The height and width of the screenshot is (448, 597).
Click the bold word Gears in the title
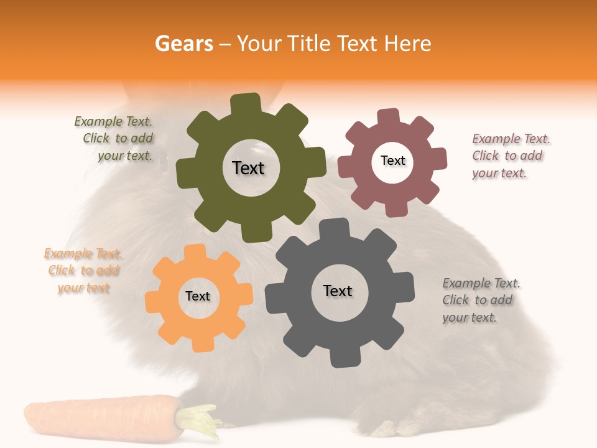pos(183,44)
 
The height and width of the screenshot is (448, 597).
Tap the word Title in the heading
pos(311,44)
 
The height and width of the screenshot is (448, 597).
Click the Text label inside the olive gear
pos(248,168)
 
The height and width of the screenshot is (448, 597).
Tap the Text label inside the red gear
pos(392,161)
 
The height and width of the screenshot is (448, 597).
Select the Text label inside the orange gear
pos(198,296)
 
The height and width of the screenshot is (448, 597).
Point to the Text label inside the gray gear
pos(338,291)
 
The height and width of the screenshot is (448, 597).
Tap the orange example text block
pos(83,271)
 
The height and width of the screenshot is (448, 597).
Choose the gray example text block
pos(478,300)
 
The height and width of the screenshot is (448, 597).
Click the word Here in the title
pos(408,44)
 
